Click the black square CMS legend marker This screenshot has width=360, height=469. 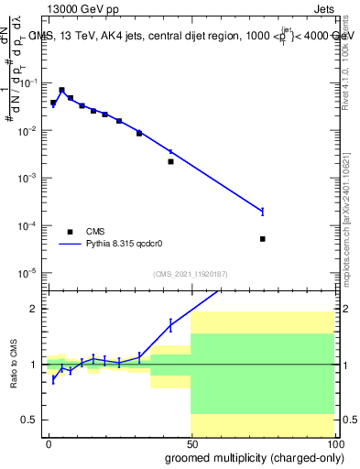pyautogui.click(x=70, y=232)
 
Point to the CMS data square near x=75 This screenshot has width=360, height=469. pyautogui.click(x=262, y=239)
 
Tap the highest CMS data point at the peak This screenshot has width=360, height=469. pyautogui.click(x=61, y=90)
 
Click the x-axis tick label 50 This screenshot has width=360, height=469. pyautogui.click(x=191, y=443)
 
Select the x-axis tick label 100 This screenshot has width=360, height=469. pyautogui.click(x=333, y=443)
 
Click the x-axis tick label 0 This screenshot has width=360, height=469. pyautogui.click(x=48, y=443)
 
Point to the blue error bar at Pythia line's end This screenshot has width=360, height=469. pyautogui.click(x=262, y=212)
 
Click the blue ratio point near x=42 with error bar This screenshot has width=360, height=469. pyautogui.click(x=170, y=324)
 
